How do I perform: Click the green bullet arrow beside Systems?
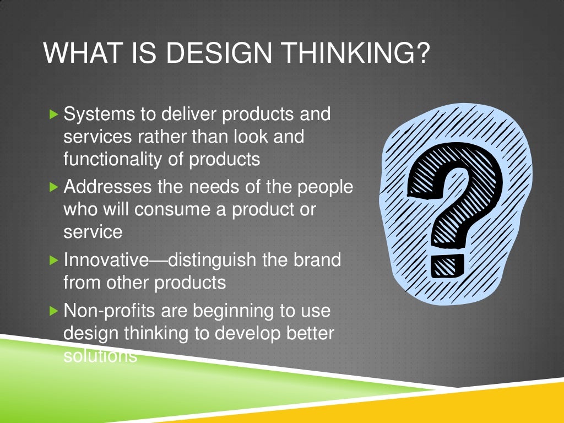coord(53,115)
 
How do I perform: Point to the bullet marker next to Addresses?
coord(53,187)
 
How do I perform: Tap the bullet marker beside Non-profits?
coord(53,311)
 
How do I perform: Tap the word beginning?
coord(220,311)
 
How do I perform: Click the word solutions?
coord(100,355)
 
